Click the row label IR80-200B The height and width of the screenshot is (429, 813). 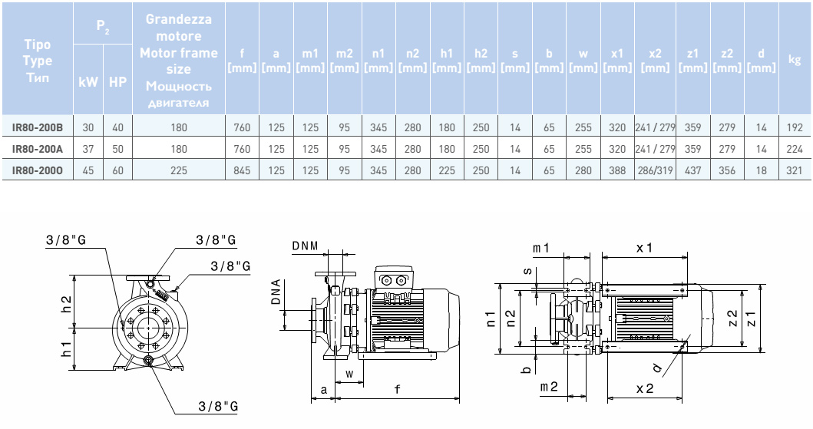[38, 127]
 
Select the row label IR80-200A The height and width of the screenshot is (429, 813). [38, 149]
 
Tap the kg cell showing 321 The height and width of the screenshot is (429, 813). [795, 170]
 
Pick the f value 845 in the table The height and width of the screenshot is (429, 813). [242, 170]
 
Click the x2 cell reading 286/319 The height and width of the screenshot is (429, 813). [656, 170]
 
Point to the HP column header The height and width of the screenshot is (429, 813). [117, 82]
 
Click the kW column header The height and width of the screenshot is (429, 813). [88, 82]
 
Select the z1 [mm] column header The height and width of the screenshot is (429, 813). [692, 61]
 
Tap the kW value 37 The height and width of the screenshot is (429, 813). [88, 149]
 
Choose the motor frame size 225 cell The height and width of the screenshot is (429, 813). [179, 170]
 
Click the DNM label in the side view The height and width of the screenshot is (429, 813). [305, 246]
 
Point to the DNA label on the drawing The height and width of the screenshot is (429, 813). [276, 292]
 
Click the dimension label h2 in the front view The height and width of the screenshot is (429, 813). [66, 303]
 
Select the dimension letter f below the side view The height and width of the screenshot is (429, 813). [397, 388]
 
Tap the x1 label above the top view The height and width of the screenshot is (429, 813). [644, 248]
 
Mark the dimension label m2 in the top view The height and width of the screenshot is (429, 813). [549, 387]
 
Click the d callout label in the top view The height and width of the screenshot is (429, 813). [657, 368]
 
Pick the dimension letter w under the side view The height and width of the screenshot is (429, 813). [349, 374]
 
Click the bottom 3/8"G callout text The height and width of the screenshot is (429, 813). [218, 406]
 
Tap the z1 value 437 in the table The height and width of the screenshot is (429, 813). [692, 170]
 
